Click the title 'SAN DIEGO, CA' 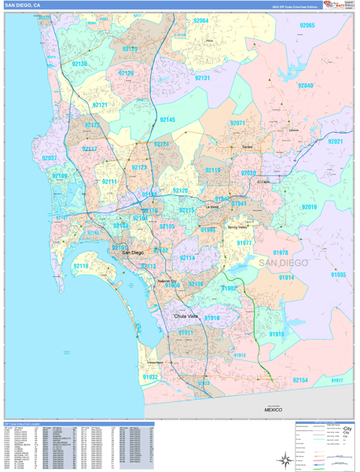coord(24,5)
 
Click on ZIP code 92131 coord(202,79)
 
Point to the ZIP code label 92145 coord(167,120)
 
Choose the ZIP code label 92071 coord(238,124)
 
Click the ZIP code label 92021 coord(336,142)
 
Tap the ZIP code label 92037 coord(50,158)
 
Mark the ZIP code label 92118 coord(81,266)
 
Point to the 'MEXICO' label coord(273,410)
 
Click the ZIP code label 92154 coord(300,380)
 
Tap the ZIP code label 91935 coord(338,275)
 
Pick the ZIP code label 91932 coord(149,377)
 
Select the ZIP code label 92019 coord(309,207)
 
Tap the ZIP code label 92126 coord(126,73)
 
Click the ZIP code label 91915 coord(277,334)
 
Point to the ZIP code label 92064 coord(200,21)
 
